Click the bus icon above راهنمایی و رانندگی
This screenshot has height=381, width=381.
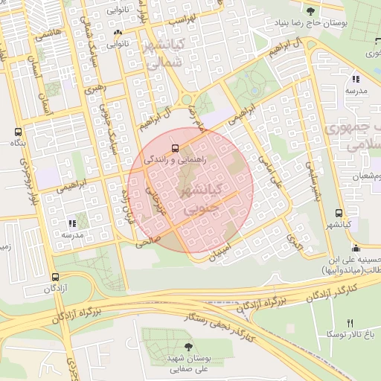coord(175,147)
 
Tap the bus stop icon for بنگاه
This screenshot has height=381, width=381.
coord(17,131)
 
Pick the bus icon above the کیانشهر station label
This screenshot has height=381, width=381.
coord(339,213)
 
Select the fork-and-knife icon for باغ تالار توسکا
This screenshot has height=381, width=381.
coord(350,323)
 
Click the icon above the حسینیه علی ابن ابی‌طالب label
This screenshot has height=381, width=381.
coord(356,248)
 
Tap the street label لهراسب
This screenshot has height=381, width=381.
coord(181,16)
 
